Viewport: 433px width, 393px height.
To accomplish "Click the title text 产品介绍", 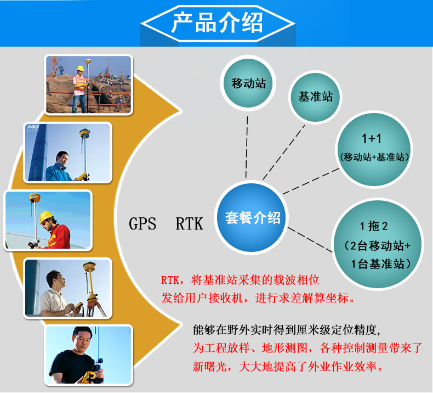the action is coord(217,23).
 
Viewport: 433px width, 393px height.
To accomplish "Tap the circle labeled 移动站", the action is coord(248,83).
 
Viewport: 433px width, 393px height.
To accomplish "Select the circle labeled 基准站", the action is coord(315,97).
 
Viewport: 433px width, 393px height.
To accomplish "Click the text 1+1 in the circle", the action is coord(372,138).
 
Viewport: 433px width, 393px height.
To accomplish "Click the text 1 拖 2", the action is coord(374,226).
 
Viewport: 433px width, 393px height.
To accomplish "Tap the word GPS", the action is coord(143,223).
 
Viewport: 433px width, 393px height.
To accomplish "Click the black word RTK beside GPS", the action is coord(190,223).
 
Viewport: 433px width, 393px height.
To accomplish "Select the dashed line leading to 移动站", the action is coord(247,147).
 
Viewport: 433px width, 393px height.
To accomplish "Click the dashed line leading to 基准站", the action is coord(284,152).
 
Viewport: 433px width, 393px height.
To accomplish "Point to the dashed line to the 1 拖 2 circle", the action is coord(310,239).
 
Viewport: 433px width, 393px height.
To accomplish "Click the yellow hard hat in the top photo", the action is coord(80,68).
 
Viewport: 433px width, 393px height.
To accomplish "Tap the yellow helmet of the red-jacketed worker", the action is coord(46,217).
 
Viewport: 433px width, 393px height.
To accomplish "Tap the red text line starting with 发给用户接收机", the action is coord(258,298).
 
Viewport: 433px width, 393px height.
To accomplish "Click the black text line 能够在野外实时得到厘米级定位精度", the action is coord(287,330).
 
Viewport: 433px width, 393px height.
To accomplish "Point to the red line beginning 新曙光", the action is coord(288,367).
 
